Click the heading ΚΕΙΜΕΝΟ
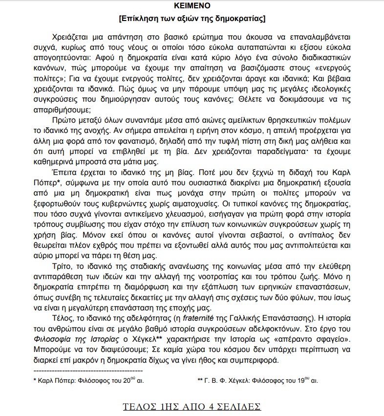192,7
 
